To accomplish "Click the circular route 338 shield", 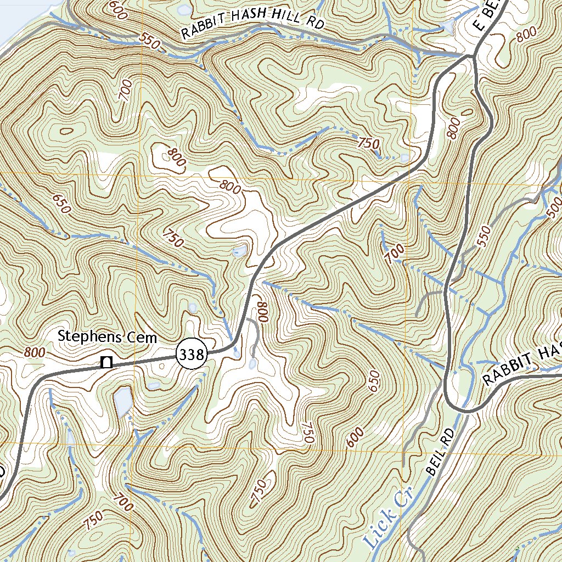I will pyautogui.click(x=191, y=355).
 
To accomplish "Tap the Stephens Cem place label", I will pyautogui.click(x=108, y=337).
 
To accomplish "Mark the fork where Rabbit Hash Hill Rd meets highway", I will pyautogui.click(x=471, y=56).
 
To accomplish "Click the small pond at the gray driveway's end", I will pyautogui.click(x=252, y=363).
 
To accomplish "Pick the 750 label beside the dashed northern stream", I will pyautogui.click(x=368, y=144).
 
